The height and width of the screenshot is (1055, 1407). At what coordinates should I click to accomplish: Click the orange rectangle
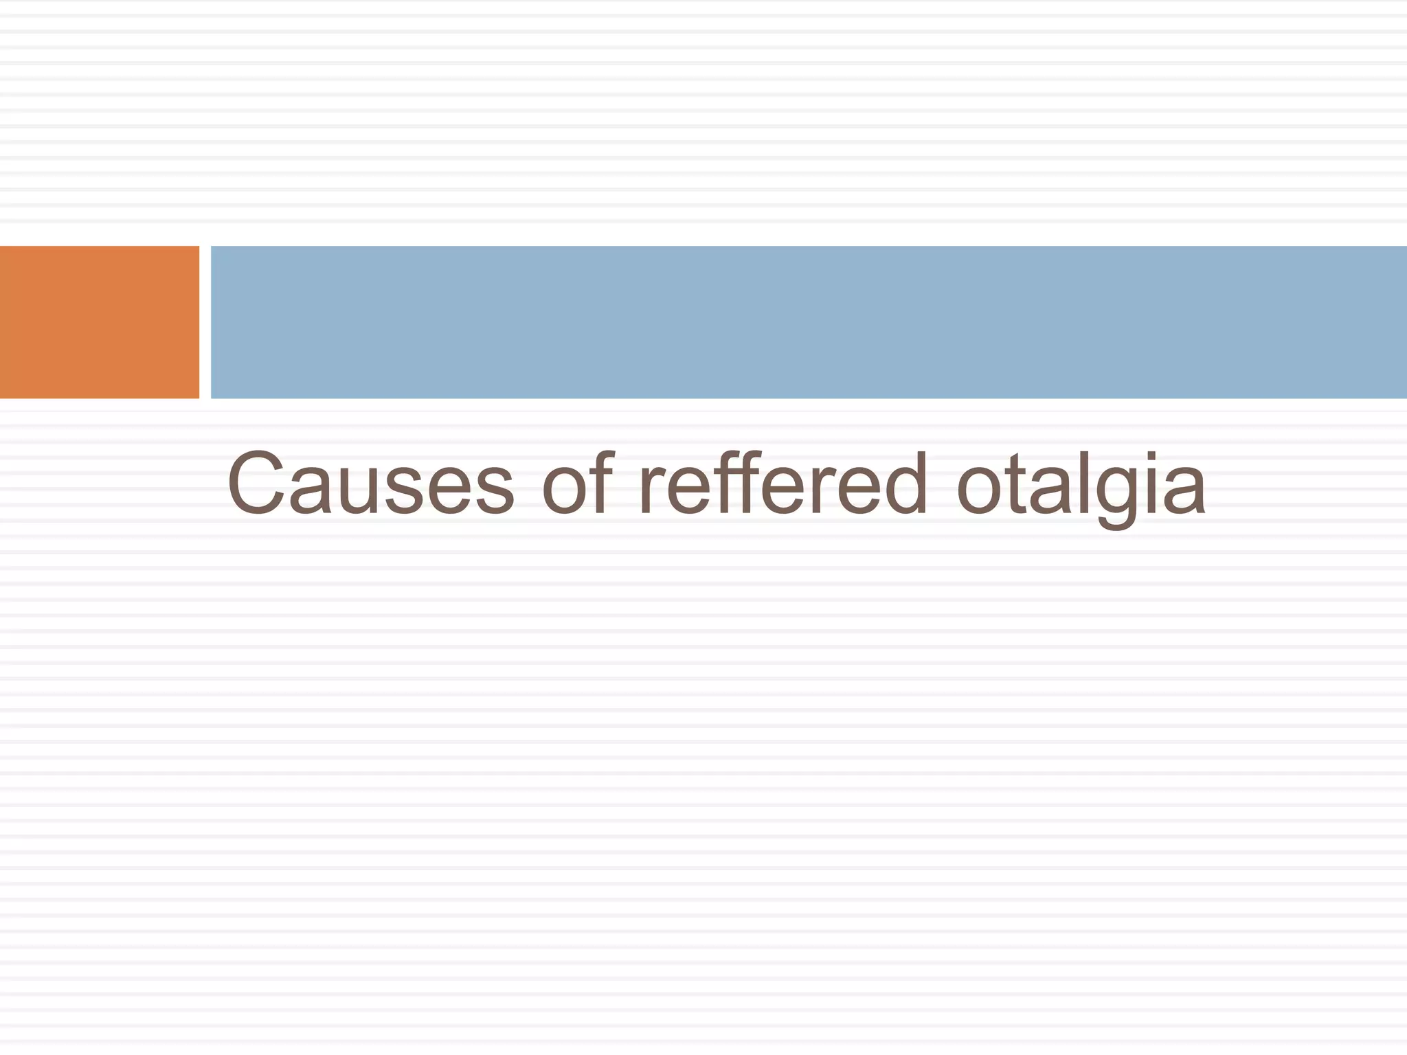(x=100, y=321)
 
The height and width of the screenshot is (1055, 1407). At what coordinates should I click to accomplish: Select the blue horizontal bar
(x=808, y=321)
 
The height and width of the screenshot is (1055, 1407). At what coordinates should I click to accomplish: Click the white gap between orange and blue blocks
(x=205, y=321)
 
